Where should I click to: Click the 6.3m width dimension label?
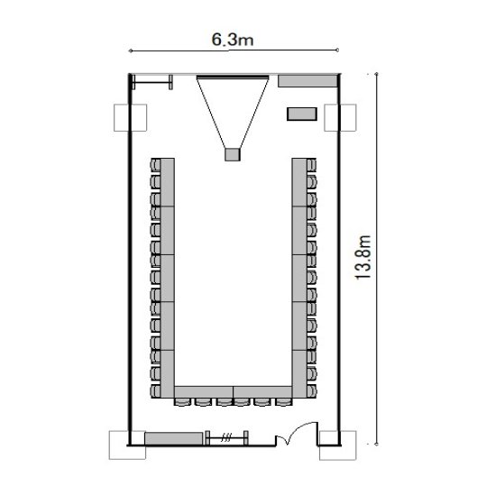[x=233, y=40]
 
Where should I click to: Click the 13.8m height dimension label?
[x=362, y=257]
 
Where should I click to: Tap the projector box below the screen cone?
[x=233, y=154]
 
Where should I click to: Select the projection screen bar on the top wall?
[x=233, y=77]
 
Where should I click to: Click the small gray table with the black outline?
[x=302, y=114]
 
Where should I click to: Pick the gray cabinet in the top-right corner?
[x=307, y=81]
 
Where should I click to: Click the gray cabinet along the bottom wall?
[x=173, y=438]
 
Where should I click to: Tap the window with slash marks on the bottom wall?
[x=227, y=438]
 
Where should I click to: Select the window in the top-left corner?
[x=152, y=81]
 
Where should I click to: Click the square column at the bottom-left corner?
[x=127, y=445]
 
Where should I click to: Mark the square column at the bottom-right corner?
[x=337, y=445]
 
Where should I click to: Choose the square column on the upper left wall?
[x=130, y=118]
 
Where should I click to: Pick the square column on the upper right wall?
[x=340, y=118]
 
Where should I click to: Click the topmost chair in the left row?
[x=155, y=166]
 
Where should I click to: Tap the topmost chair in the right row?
[x=311, y=166]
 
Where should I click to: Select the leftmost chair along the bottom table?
[x=182, y=401]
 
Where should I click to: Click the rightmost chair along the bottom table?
[x=283, y=401]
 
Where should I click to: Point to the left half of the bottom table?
[x=204, y=392]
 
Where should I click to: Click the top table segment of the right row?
[x=299, y=182]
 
